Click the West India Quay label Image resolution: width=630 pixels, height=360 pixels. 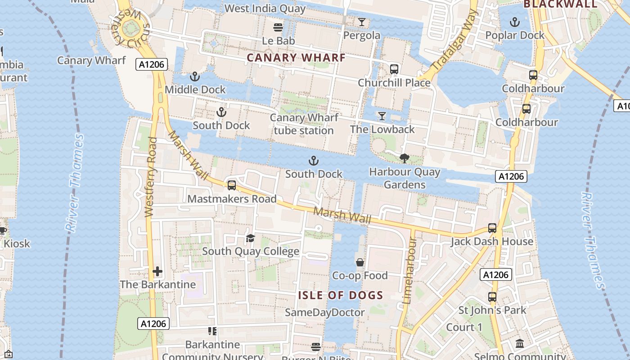(265, 8)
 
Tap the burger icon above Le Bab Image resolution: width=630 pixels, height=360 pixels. (278, 27)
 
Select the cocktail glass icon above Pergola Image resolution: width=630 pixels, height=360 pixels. (362, 22)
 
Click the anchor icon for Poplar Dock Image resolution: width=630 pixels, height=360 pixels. (514, 22)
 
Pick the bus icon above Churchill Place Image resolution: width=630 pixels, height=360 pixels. (394, 69)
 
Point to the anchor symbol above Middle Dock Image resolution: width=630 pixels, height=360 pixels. (195, 76)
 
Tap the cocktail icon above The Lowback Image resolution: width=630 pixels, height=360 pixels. (382, 116)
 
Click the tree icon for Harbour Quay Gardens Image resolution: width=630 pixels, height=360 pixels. (404, 158)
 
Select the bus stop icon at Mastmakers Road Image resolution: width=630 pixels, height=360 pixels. (232, 185)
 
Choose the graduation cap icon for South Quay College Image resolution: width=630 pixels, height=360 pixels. (250, 238)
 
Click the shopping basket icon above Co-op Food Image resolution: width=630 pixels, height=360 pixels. (360, 262)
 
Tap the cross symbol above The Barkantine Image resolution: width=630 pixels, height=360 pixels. (157, 271)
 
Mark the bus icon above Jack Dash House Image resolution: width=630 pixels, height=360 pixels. (492, 228)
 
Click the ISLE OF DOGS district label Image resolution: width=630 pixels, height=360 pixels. (341, 296)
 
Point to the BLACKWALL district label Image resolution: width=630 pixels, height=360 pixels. (560, 4)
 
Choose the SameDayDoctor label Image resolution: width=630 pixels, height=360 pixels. (325, 312)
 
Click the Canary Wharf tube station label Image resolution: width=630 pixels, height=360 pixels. (304, 124)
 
